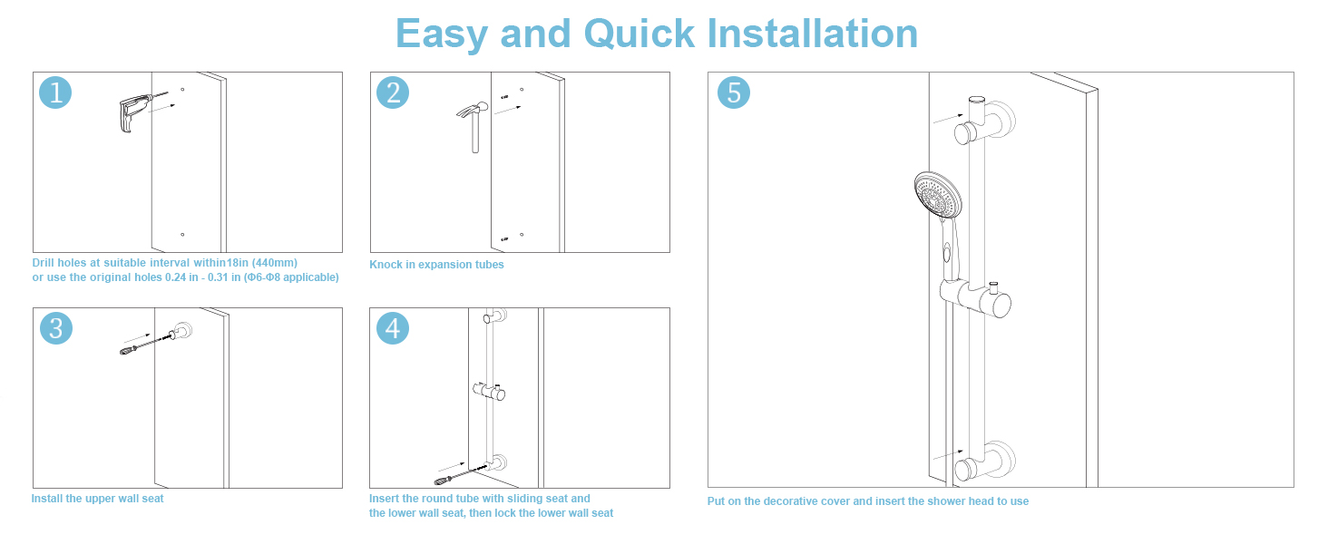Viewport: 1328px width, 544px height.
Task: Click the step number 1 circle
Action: pyautogui.click(x=56, y=92)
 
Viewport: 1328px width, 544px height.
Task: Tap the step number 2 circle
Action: pyautogui.click(x=393, y=92)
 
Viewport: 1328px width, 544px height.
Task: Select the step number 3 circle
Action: pyautogui.click(x=56, y=327)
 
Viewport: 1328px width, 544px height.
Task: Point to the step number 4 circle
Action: pyautogui.click(x=393, y=327)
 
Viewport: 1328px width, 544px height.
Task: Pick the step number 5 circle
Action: pyautogui.click(x=734, y=92)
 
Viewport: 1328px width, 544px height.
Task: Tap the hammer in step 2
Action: pyautogui.click(x=474, y=122)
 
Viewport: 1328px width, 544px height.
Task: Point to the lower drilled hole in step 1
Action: pyautogui.click(x=182, y=235)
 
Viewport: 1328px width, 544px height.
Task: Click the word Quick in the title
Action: pyautogui.click(x=640, y=34)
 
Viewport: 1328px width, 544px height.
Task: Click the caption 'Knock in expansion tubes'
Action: pyautogui.click(x=436, y=265)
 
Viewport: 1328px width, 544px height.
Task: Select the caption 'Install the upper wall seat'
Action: pyautogui.click(x=98, y=499)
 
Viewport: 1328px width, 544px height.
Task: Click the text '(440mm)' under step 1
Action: pyautogui.click(x=276, y=263)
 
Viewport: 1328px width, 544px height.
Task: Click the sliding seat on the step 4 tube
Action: pyautogui.click(x=493, y=392)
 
